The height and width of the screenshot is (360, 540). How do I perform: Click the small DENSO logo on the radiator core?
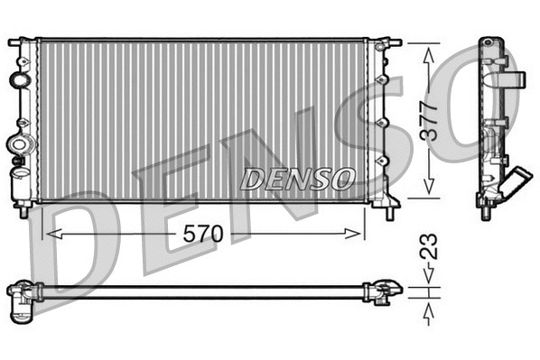click(297, 180)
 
